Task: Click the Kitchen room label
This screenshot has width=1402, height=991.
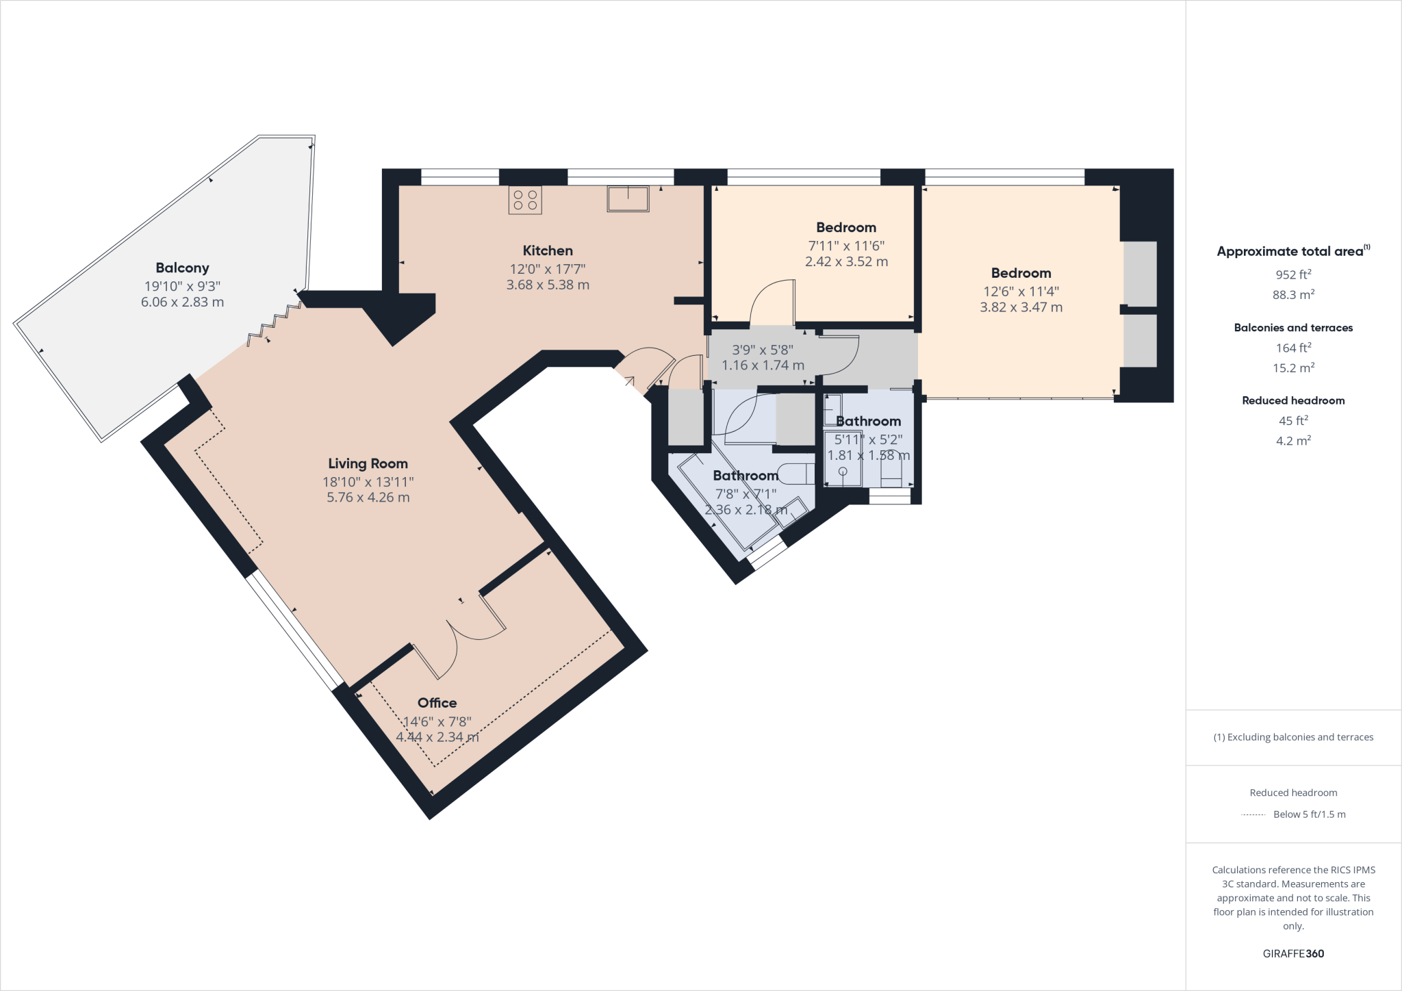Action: (548, 250)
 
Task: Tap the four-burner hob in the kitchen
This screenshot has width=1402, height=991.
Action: (525, 200)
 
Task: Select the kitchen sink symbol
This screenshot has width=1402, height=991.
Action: (628, 198)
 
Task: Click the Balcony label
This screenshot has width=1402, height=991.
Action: (182, 268)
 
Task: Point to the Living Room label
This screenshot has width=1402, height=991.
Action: (368, 464)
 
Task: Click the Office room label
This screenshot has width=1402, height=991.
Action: (437, 703)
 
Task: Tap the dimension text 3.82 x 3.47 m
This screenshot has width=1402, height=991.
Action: (1021, 308)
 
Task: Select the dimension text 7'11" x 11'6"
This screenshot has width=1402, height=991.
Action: (846, 246)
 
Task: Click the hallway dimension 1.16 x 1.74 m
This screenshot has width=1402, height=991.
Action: (763, 365)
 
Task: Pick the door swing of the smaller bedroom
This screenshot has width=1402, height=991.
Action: (772, 301)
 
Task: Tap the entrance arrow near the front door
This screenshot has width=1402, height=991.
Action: (628, 381)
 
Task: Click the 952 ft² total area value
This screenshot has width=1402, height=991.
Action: (1292, 274)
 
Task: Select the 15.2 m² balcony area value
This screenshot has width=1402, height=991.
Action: (1292, 368)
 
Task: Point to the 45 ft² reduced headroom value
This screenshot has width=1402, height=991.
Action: (1292, 421)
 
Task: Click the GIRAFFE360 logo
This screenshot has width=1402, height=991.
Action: (1292, 953)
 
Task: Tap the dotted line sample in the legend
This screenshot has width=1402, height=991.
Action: (1253, 815)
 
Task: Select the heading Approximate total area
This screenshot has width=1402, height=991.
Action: (1290, 251)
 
